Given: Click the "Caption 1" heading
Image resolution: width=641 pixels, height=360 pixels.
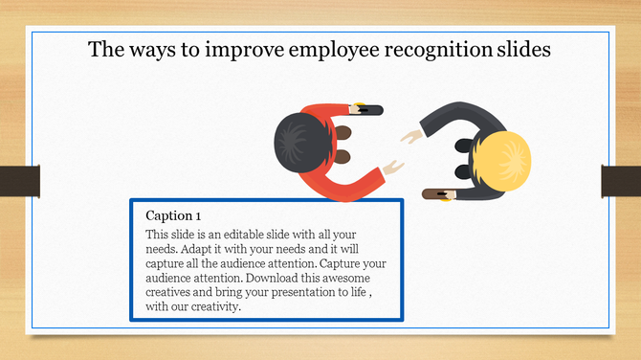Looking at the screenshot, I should pos(173,215).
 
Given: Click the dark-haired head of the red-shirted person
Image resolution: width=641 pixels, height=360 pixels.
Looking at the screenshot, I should pos(300,141).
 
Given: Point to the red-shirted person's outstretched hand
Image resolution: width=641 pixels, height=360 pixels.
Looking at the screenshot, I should pos(392,169).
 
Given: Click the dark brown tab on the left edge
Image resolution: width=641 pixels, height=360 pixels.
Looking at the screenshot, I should pos(19,180).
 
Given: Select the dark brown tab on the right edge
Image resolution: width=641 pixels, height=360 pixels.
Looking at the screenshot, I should pos(621,180).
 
